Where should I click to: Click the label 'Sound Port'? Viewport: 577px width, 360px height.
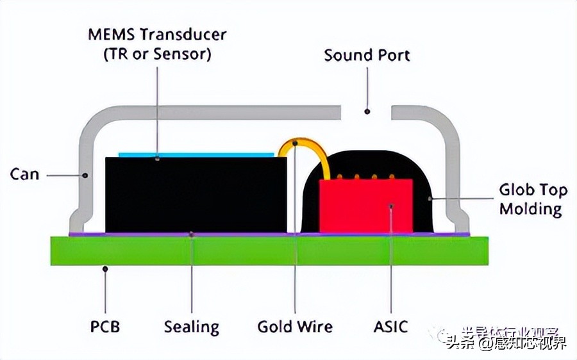click(x=367, y=55)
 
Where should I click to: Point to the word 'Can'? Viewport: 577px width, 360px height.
click(x=24, y=174)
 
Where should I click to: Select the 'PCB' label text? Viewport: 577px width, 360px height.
click(x=105, y=327)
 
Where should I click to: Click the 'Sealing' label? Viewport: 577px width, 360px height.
click(x=191, y=327)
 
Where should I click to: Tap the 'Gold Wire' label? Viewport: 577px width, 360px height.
click(x=295, y=327)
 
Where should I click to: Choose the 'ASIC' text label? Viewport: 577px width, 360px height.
click(x=390, y=327)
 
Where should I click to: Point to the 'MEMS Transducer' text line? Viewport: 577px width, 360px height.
click(x=157, y=34)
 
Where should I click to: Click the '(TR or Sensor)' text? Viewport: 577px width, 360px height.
click(x=157, y=54)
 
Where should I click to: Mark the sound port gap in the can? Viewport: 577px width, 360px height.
click(x=366, y=113)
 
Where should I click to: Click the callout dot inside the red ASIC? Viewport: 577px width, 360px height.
click(x=391, y=206)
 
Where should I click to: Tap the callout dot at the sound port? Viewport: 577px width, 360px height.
click(x=367, y=111)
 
